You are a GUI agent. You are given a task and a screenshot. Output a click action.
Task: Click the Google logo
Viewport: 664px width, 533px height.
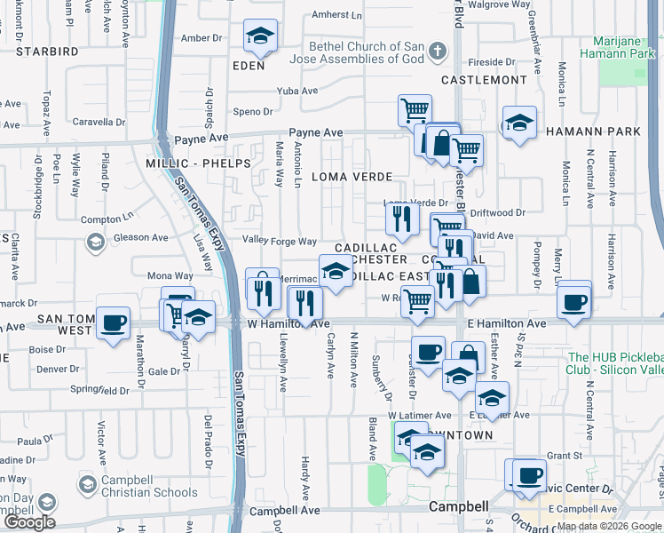(29, 521)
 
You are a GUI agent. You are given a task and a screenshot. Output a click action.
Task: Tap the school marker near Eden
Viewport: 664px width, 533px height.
(259, 36)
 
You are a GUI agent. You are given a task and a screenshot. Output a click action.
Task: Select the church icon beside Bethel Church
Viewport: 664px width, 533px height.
(435, 53)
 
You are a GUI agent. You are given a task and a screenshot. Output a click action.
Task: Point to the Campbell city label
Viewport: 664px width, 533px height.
(458, 506)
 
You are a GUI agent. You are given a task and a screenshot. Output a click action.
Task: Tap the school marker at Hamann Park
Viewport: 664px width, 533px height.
(519, 123)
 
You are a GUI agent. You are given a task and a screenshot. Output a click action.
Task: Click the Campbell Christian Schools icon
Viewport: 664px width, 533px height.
(87, 485)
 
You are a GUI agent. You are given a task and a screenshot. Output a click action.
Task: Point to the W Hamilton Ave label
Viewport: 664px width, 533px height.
(288, 324)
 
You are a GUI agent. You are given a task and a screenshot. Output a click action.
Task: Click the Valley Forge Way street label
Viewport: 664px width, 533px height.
(280, 242)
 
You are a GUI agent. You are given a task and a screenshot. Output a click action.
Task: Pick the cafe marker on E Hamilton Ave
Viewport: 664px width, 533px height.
(574, 300)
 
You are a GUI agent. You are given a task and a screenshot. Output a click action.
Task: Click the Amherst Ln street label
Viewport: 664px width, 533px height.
(337, 15)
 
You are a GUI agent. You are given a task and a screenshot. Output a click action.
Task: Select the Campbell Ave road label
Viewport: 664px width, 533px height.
(284, 511)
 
